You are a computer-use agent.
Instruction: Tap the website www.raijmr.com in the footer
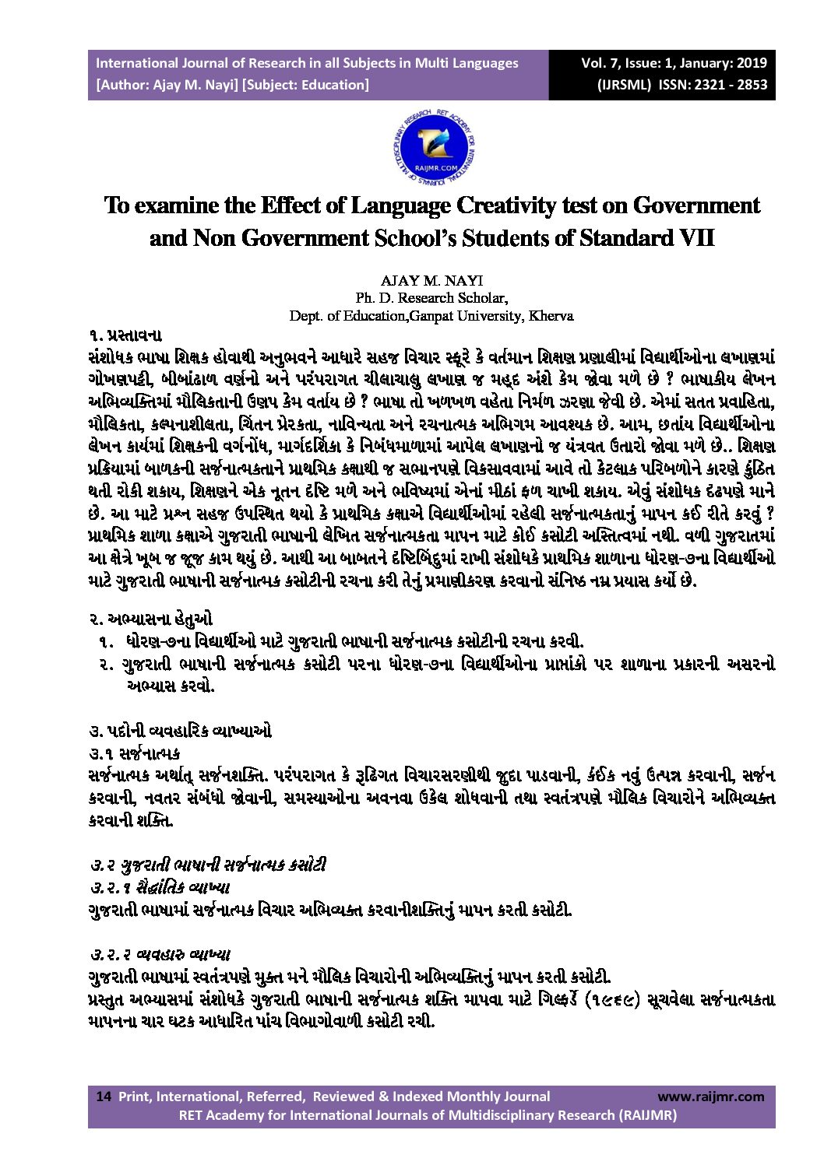[710, 1097]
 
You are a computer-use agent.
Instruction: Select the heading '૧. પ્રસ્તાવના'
[125, 335]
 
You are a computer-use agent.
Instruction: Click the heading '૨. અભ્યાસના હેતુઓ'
[150, 619]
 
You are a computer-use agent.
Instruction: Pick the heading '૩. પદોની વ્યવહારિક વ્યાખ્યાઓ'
[180, 731]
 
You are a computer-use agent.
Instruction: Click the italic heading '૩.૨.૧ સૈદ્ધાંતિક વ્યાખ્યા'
[160, 887]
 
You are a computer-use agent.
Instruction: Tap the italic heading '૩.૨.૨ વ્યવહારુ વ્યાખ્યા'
[160, 954]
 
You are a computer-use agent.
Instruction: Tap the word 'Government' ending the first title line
[695, 205]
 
